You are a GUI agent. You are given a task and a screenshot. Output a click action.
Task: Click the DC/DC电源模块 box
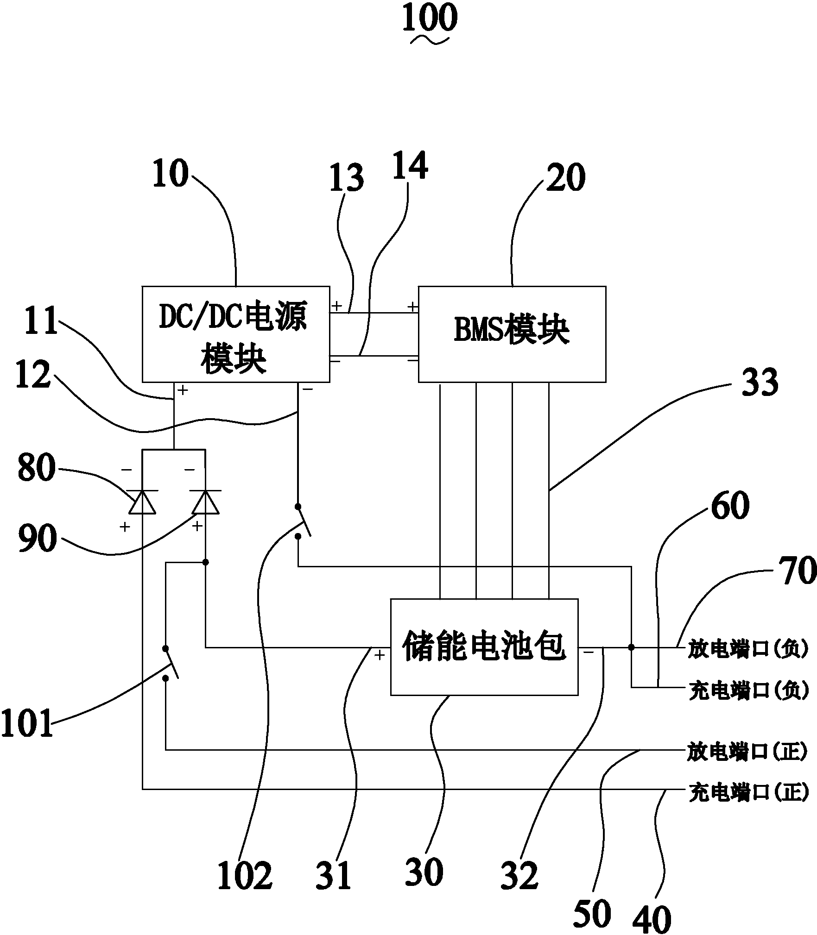235,334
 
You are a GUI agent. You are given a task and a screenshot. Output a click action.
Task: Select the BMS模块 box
512,334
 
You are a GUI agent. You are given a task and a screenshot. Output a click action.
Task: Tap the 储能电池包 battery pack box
484,647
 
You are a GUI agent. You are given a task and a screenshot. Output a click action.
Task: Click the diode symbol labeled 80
142,502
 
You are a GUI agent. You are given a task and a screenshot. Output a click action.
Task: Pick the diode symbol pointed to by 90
205,502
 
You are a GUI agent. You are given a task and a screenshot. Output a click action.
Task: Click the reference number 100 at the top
430,18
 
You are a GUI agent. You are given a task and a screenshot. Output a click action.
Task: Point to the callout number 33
760,383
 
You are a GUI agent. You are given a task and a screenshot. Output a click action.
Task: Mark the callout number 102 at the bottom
245,876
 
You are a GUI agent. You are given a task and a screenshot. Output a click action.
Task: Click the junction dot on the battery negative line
631,647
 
